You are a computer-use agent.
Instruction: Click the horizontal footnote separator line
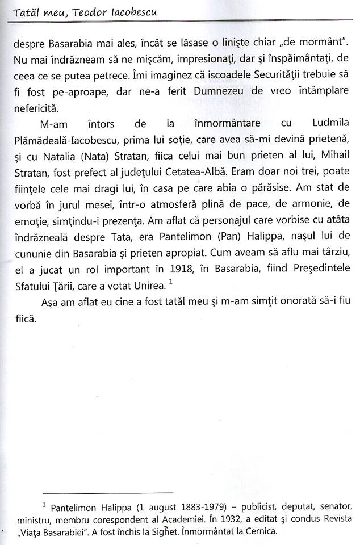click(108, 493)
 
